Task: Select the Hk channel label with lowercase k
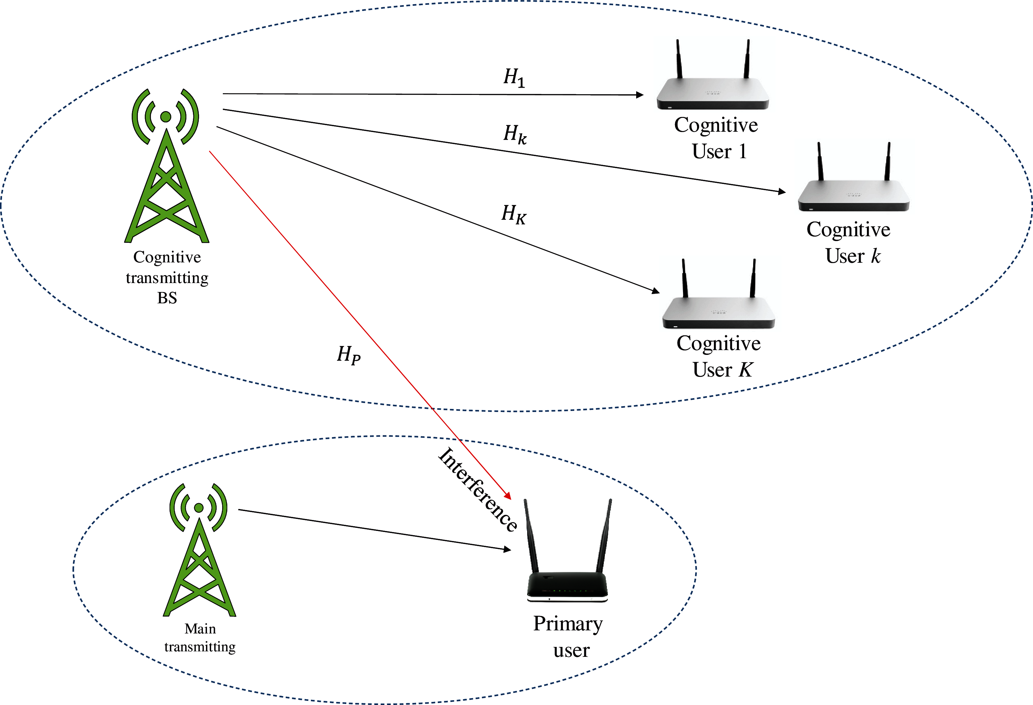pos(515,134)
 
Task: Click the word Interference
pos(478,489)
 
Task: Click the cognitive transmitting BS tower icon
pos(166,165)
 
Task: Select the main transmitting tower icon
pos(199,550)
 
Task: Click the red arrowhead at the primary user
pos(508,495)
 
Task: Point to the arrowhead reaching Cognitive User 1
pos(640,95)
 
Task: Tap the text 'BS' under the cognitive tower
pos(167,298)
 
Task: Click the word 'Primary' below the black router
pos(568,625)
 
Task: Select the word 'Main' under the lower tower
pos(200,629)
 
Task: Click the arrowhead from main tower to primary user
pos(507,550)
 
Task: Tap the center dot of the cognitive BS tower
pos(166,117)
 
